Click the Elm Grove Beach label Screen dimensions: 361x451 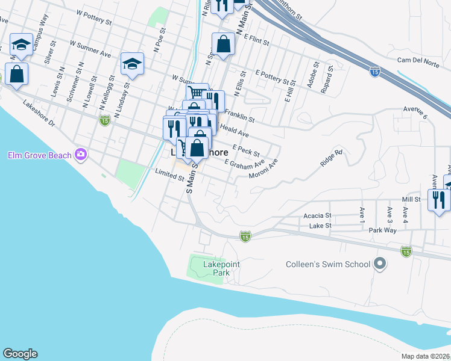coord(39,155)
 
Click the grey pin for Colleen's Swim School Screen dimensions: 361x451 coord(380,264)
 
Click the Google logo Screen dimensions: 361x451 coord(20,354)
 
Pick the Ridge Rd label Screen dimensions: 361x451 coord(331,158)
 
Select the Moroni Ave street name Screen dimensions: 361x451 coord(263,169)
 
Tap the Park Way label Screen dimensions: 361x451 coord(383,230)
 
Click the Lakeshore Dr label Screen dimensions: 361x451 coord(39,114)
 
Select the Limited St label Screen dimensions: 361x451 coord(169,177)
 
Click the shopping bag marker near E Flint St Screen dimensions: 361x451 coord(223,44)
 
